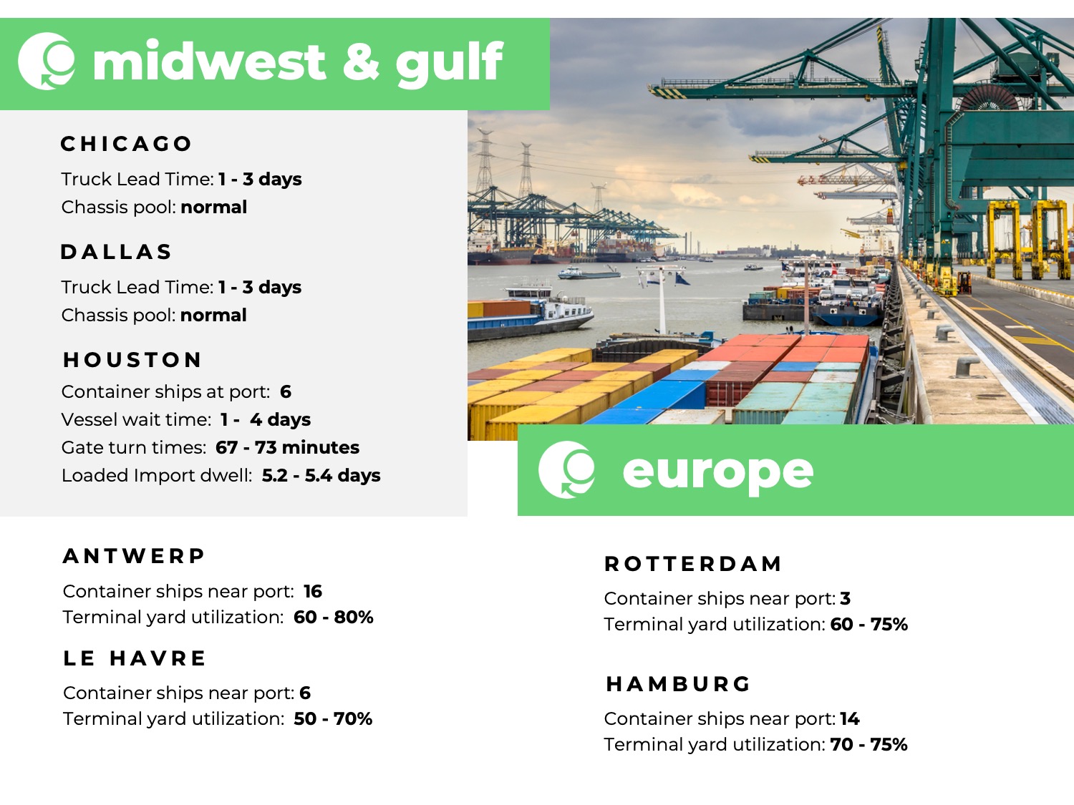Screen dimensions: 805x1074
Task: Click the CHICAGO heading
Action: tap(126, 144)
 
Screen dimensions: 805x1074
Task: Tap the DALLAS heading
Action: tap(116, 252)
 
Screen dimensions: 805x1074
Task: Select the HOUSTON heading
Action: tap(132, 360)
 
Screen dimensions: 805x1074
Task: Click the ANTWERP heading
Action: tap(134, 556)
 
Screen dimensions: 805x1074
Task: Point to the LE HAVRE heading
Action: tap(135, 658)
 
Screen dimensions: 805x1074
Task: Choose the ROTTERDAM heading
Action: tap(692, 564)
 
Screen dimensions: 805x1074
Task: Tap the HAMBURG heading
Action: tap(678, 684)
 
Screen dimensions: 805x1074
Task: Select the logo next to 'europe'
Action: tap(566, 470)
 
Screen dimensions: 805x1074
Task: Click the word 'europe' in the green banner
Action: tap(717, 472)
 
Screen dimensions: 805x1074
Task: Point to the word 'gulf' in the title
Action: tap(449, 63)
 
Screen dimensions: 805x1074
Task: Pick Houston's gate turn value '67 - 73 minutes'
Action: tap(287, 447)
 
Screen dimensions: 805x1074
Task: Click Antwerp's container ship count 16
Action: tap(313, 591)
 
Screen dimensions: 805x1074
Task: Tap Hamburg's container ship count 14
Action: tap(850, 718)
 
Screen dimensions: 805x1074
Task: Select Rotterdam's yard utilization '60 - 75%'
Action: tap(869, 624)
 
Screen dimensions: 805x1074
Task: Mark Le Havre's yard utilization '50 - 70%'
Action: tap(333, 718)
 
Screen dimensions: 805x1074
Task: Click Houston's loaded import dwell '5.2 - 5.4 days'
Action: tap(321, 475)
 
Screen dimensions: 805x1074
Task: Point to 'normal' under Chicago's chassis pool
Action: tap(213, 207)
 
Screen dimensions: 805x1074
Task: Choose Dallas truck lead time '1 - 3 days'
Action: tap(260, 287)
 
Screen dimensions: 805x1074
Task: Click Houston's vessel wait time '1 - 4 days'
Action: tap(266, 419)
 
